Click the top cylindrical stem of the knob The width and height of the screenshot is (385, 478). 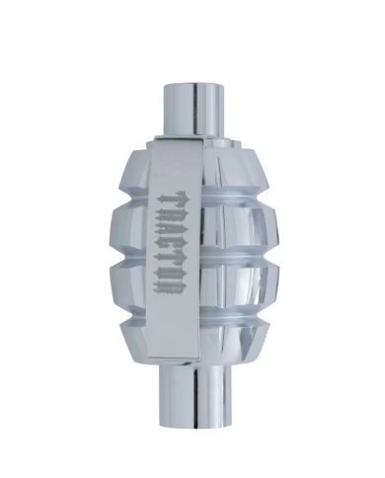pos(194,110)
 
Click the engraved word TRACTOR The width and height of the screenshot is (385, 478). pos(173,243)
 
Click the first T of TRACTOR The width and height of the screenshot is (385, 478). pos(173,198)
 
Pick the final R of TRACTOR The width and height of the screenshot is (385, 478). pos(173,286)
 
